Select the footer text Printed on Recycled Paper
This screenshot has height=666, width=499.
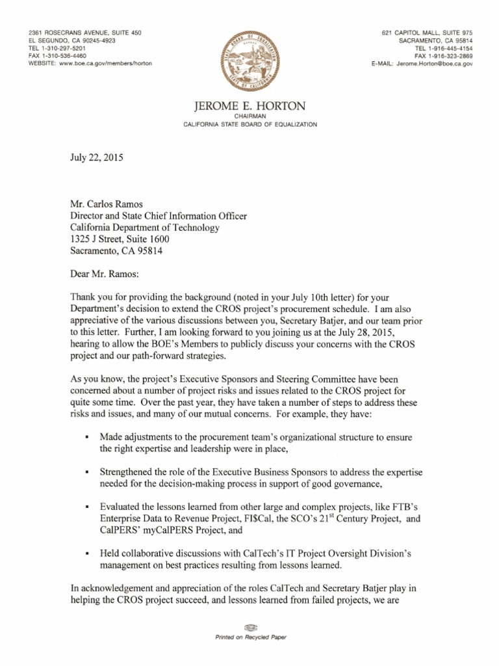point(251,638)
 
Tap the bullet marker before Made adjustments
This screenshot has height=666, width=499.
point(86,436)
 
